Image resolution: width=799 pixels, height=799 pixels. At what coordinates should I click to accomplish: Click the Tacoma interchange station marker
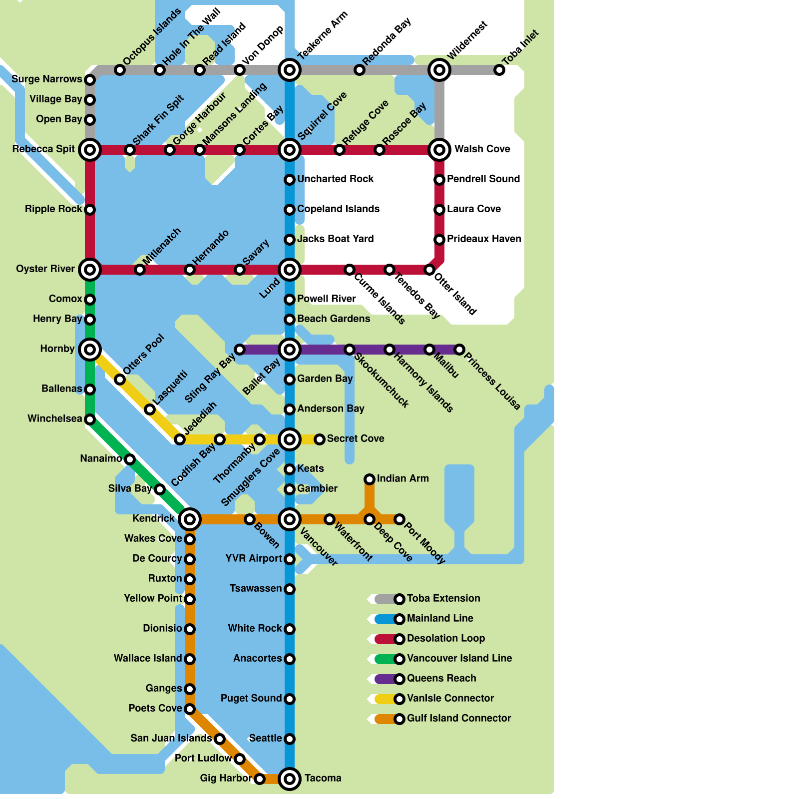(x=290, y=779)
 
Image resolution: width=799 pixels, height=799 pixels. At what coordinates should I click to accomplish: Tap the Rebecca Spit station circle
(x=90, y=149)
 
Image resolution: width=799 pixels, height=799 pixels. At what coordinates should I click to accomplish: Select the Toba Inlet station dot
(x=499, y=70)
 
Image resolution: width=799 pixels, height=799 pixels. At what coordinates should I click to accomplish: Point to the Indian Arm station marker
(x=370, y=479)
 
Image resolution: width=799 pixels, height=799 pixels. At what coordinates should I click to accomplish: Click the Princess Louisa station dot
(x=459, y=350)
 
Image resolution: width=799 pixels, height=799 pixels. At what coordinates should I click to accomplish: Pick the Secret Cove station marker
(x=320, y=439)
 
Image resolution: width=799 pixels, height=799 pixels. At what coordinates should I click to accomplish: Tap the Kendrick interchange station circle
(x=190, y=519)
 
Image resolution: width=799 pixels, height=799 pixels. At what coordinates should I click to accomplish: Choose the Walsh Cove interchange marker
(x=439, y=149)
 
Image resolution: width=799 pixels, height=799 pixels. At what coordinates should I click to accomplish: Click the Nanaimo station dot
(x=130, y=459)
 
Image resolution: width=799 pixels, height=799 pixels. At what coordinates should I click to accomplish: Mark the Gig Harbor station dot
(x=260, y=779)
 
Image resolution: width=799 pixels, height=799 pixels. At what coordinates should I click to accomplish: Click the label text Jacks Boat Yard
(x=335, y=239)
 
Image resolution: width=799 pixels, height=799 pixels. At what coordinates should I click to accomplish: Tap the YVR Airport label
(x=254, y=558)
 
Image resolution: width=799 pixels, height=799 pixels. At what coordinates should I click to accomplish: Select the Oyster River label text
(x=45, y=269)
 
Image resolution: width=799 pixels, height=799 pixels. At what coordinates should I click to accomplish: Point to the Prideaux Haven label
(x=484, y=239)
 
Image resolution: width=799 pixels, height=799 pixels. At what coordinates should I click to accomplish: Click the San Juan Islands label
(x=171, y=738)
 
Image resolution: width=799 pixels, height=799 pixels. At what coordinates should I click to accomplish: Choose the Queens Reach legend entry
(x=441, y=678)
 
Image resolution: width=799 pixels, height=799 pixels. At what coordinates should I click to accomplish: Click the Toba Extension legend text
(x=443, y=598)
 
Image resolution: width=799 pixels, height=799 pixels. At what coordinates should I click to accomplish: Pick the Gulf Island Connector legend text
(x=459, y=718)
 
